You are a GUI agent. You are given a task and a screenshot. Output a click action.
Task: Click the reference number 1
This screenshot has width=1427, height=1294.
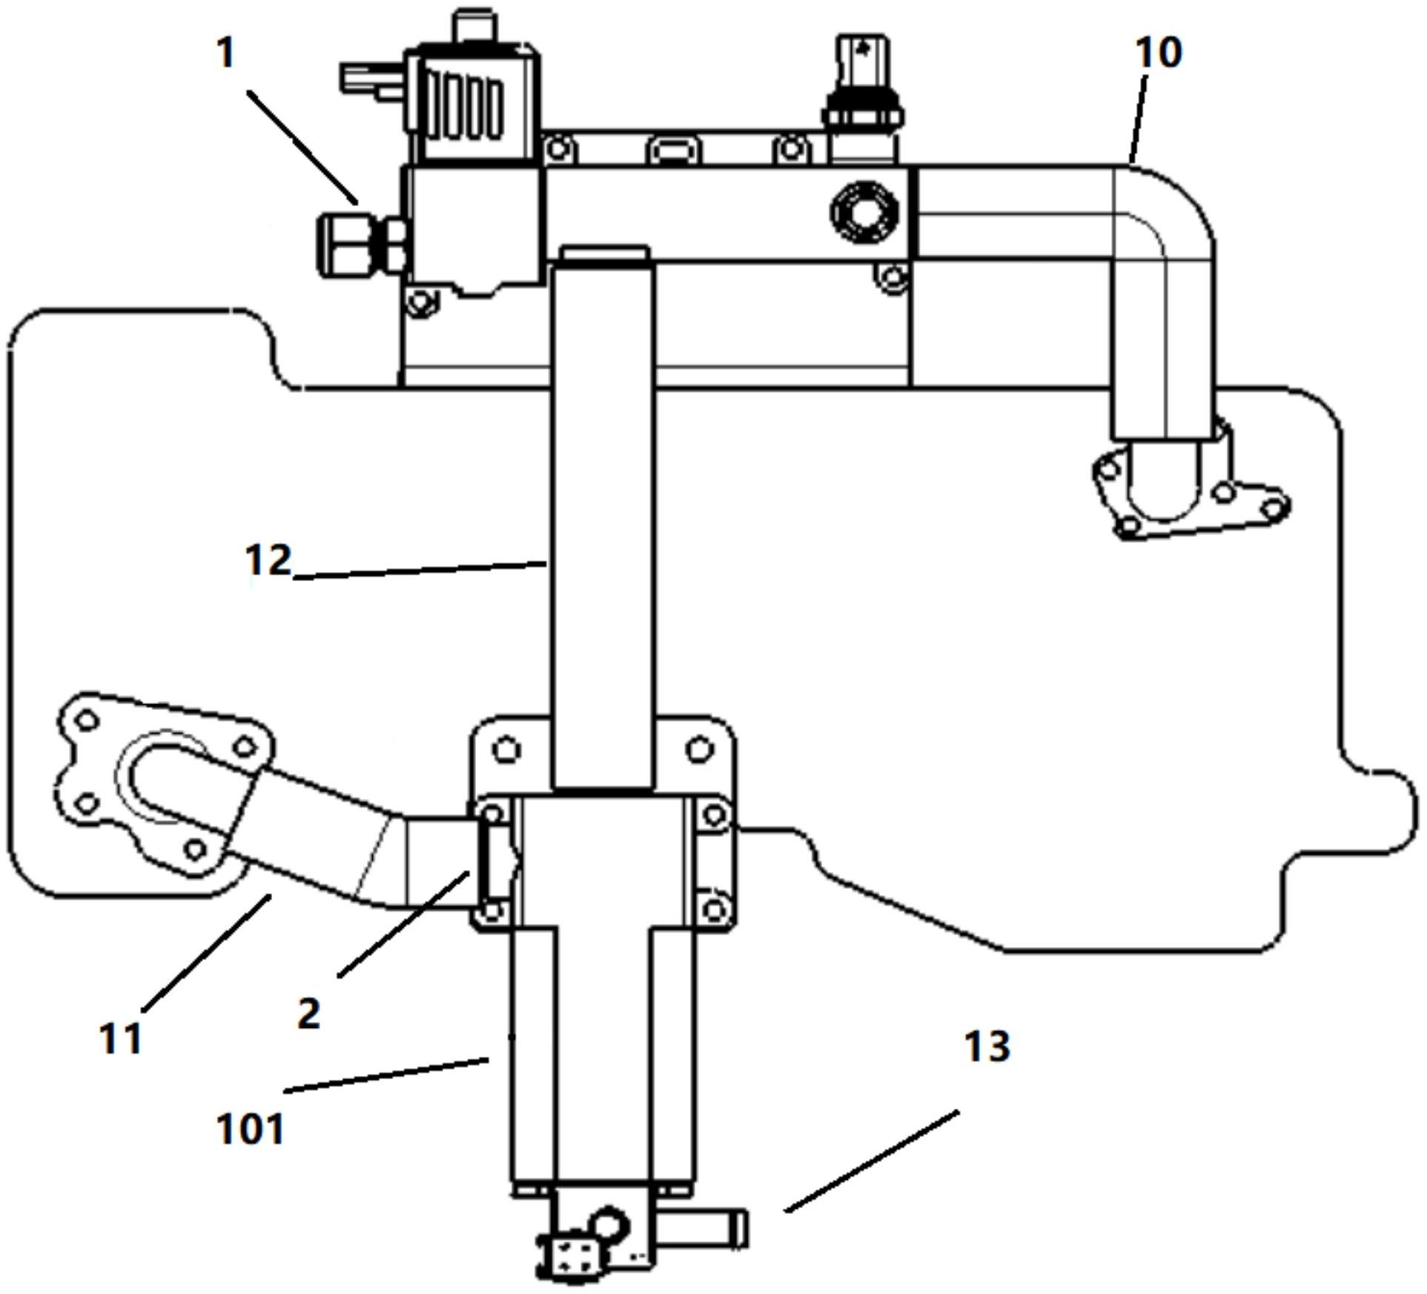pos(226,53)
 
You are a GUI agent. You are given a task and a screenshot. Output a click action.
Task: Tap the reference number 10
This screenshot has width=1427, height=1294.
pos(1159,53)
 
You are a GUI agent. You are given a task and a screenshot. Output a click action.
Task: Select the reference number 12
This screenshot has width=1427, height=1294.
pos(268,560)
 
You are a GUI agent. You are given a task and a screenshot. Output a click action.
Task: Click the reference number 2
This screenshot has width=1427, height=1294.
pos(308,1013)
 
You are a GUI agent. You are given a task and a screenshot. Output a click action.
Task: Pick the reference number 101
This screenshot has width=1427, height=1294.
pos(251,1129)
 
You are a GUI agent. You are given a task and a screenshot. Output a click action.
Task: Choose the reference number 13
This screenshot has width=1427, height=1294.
pos(987,1046)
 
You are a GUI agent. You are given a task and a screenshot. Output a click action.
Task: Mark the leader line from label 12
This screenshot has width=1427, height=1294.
pos(420,570)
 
